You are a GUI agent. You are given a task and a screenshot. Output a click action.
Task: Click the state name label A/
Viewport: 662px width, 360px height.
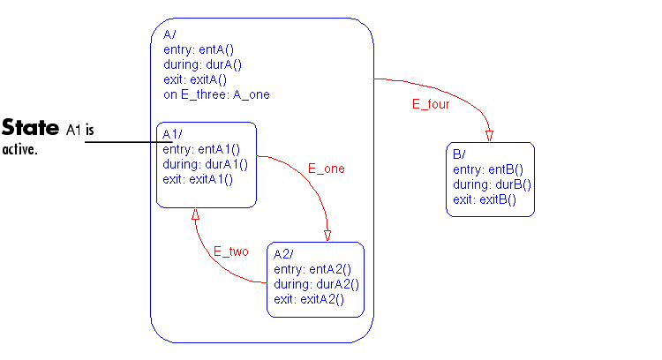pyautogui.click(x=169, y=34)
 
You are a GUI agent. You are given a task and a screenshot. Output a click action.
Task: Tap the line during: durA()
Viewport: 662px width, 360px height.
pyautogui.click(x=202, y=64)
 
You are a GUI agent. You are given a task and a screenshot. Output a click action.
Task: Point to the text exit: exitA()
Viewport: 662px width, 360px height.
pyautogui.click(x=200, y=79)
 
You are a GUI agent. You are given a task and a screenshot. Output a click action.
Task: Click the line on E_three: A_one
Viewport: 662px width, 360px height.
pyautogui.click(x=216, y=94)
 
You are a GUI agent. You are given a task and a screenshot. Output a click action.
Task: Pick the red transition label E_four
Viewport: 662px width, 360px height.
pyautogui.click(x=431, y=104)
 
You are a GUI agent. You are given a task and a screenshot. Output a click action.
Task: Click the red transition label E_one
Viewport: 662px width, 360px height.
pyautogui.click(x=326, y=169)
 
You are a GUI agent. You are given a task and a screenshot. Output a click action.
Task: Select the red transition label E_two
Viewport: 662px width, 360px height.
pyautogui.click(x=230, y=251)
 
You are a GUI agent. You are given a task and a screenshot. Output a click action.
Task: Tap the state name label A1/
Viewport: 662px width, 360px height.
pyautogui.click(x=171, y=134)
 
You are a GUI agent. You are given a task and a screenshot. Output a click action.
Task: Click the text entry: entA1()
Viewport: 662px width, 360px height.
pyautogui.click(x=201, y=149)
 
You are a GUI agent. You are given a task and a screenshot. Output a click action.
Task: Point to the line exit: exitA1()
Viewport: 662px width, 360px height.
pyautogui.click(x=198, y=179)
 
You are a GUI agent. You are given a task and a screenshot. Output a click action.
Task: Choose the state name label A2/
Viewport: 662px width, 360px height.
pyautogui.click(x=283, y=255)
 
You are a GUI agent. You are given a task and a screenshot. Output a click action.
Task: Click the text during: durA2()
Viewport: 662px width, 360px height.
pyautogui.click(x=316, y=284)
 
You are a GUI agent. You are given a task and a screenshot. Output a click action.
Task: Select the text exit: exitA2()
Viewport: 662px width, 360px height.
pyautogui.click(x=308, y=300)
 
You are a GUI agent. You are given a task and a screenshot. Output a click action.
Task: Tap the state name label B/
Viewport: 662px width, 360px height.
pyautogui.click(x=458, y=155)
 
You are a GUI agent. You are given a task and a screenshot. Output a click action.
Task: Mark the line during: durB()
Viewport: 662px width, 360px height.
pyautogui.click(x=492, y=184)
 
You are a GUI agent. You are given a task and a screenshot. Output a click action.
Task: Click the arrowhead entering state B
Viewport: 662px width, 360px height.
pyautogui.click(x=489, y=135)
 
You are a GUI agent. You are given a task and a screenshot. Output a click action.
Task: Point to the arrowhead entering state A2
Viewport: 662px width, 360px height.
pyautogui.click(x=327, y=235)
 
